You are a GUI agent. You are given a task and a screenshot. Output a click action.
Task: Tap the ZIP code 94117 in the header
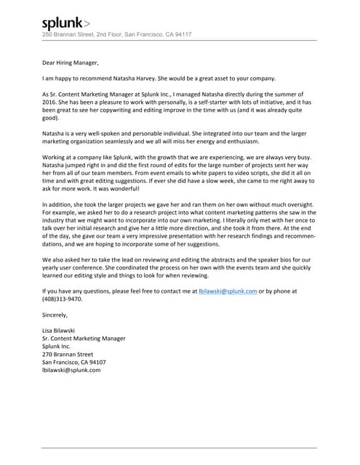tap(182, 34)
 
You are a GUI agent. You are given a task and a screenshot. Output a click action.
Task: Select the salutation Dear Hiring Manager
tap(69, 62)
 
